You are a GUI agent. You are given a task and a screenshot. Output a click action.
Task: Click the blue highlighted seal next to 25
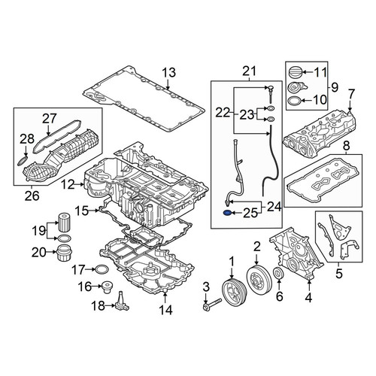tap(227, 213)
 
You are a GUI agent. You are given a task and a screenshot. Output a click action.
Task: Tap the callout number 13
tap(169, 73)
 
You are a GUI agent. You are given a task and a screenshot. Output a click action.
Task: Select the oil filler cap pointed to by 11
tap(294, 73)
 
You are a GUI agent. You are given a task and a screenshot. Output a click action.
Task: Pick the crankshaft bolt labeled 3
tap(212, 305)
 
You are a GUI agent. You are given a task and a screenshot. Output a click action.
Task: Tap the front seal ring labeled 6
tap(278, 274)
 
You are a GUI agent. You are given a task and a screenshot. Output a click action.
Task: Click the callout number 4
tap(309, 298)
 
